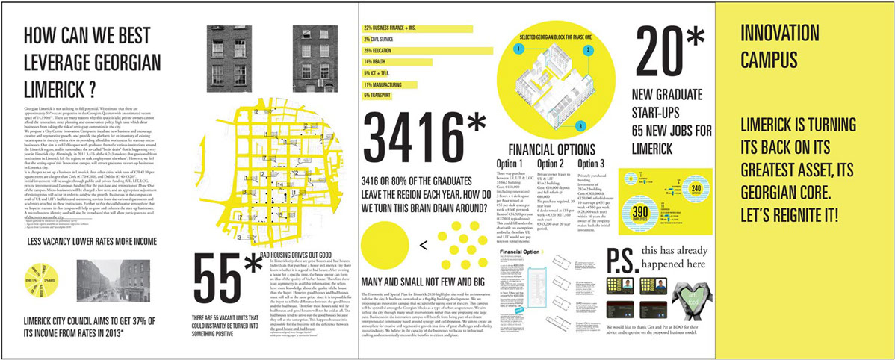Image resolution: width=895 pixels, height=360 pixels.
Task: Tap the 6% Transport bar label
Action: [x=377, y=95]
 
